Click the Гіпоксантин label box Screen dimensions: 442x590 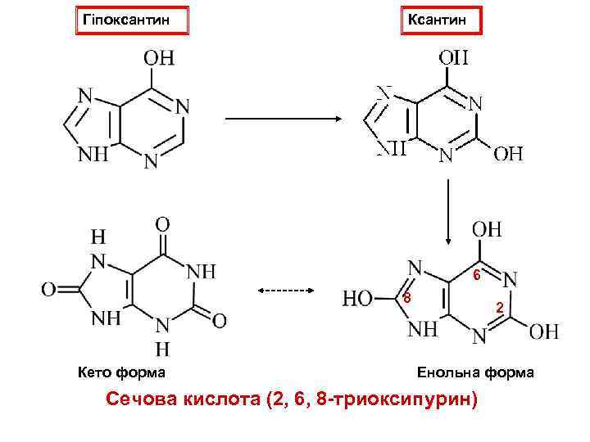pos(132,19)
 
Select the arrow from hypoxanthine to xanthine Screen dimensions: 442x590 pos(283,118)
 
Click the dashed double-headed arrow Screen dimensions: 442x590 pos(287,290)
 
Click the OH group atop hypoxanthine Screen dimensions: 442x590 pos(158,58)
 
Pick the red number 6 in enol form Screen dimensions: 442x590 pos(475,275)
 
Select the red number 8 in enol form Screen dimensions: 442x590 pos(407,298)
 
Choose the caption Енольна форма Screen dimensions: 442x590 pos(475,373)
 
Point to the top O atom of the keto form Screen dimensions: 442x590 pos(162,223)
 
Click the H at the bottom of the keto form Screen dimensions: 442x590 pos(162,350)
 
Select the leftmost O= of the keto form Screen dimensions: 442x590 pos(48,290)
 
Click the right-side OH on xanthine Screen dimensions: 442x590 pos(508,153)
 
